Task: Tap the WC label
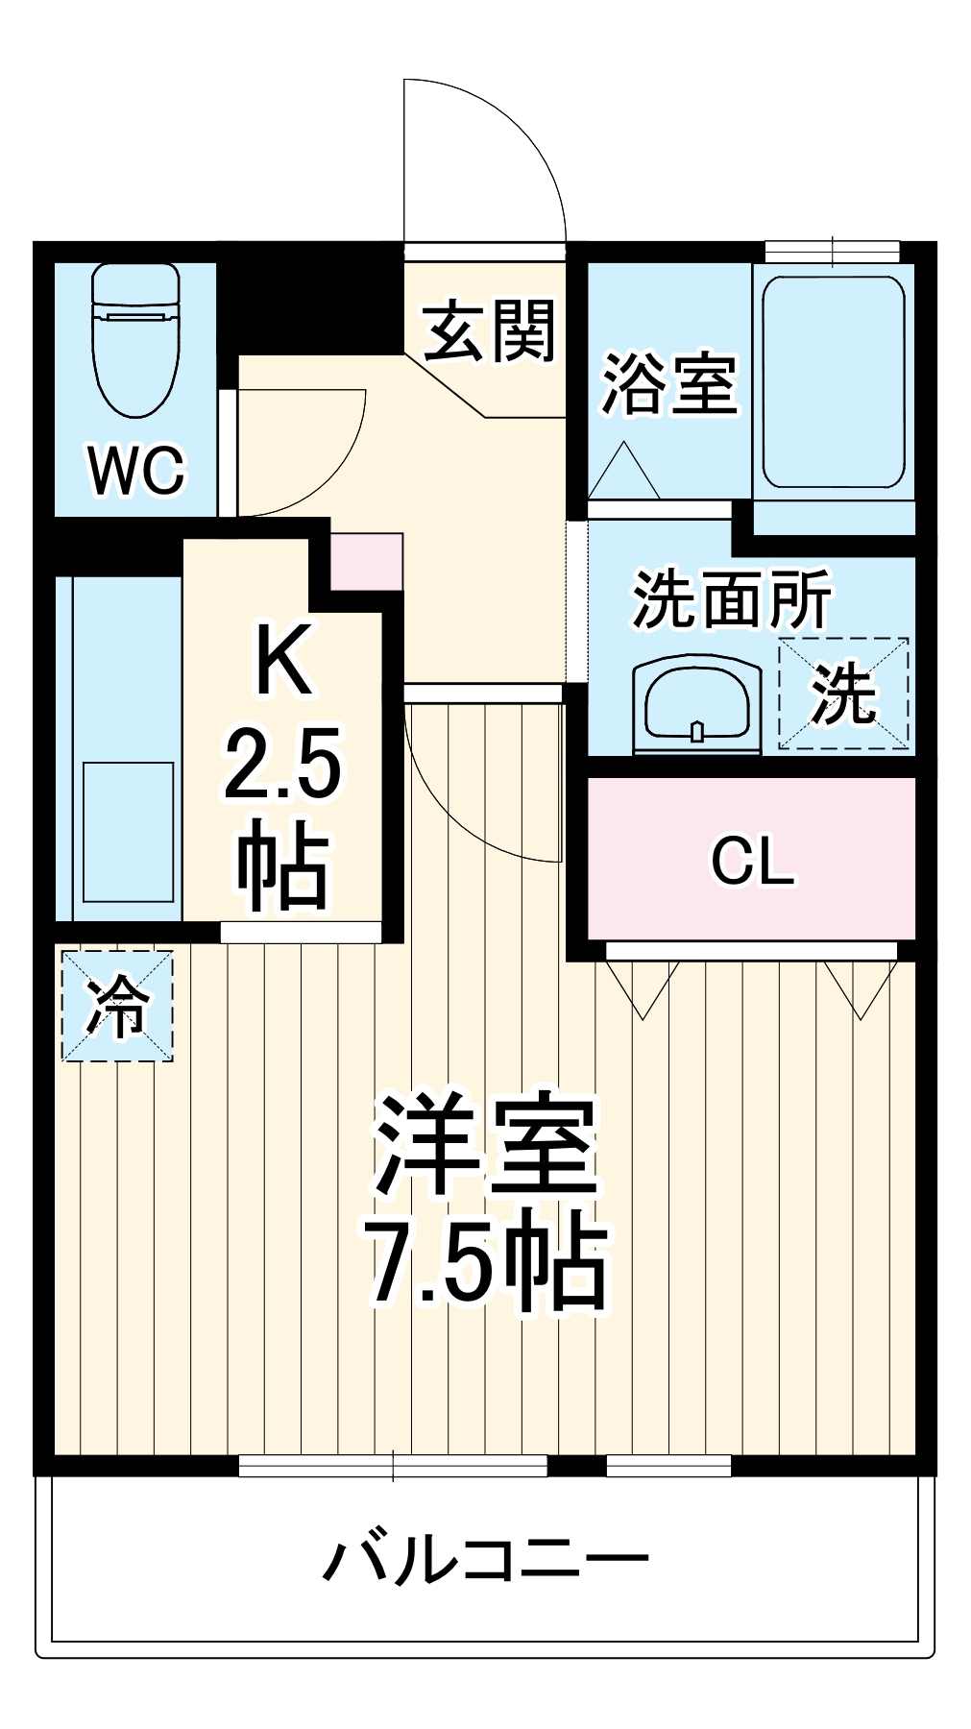135,470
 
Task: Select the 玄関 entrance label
490,332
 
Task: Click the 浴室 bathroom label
668,386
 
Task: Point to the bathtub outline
833,382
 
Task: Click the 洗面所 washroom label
731,600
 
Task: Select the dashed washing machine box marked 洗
842,694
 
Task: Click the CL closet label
752,862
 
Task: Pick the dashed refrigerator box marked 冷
117,1006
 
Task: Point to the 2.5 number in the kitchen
282,765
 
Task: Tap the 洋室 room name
487,1144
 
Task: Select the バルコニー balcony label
485,1559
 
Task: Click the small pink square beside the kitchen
366,562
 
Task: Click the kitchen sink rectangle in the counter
128,832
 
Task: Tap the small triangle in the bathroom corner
623,472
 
